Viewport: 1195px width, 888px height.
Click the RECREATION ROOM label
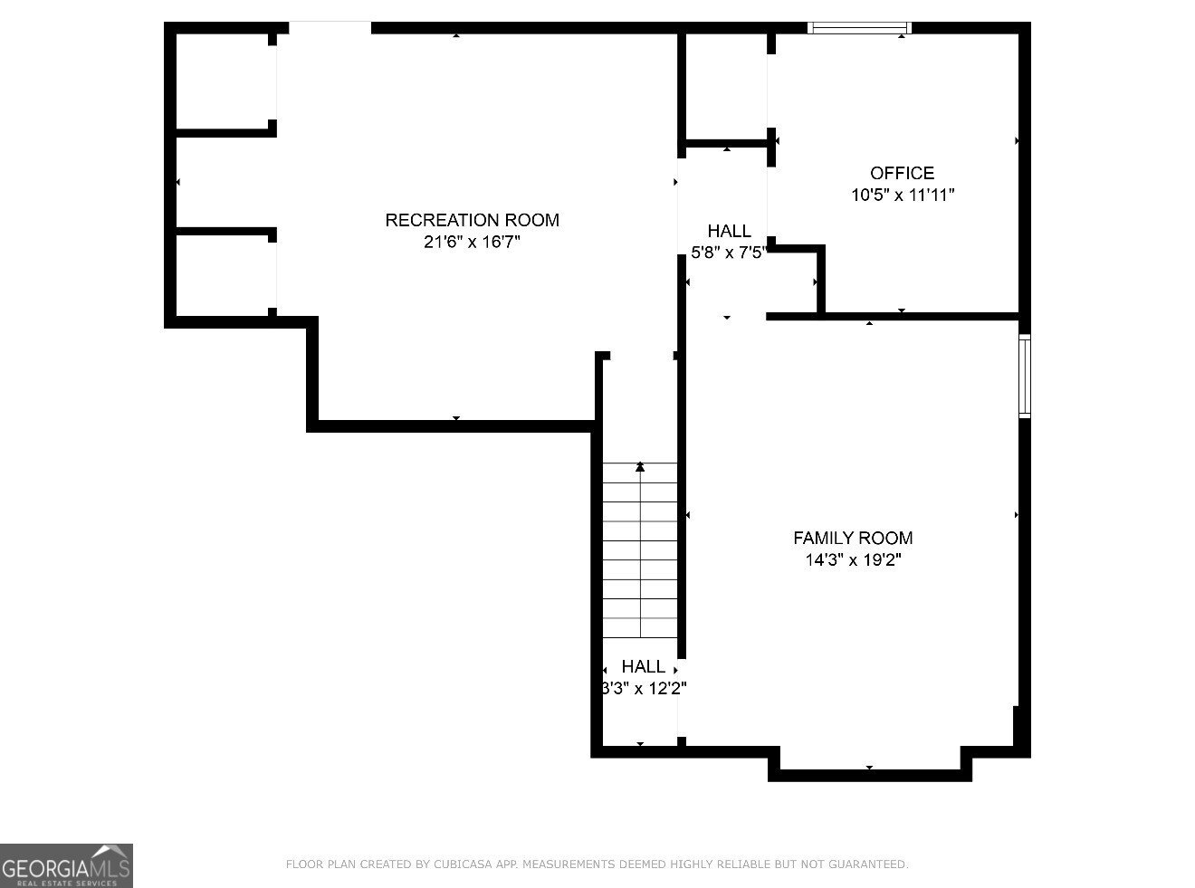click(472, 220)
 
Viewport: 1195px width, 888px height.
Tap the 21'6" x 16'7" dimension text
click(472, 242)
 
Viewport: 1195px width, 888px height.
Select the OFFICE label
click(902, 173)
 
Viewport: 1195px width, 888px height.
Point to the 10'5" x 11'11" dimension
click(902, 195)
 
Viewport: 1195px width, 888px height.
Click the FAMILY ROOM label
click(853, 538)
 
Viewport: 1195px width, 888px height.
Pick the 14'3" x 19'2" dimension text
click(853, 559)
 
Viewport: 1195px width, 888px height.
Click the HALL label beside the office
click(729, 232)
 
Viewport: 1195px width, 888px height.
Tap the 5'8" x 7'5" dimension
click(729, 253)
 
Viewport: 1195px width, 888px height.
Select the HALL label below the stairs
click(643, 667)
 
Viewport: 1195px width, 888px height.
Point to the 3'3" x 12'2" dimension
click(644, 689)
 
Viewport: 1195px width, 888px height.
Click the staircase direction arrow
click(640, 467)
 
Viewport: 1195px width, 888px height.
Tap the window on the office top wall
click(858, 28)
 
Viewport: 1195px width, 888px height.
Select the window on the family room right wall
click(1025, 376)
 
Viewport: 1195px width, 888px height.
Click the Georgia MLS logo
click(66, 865)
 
